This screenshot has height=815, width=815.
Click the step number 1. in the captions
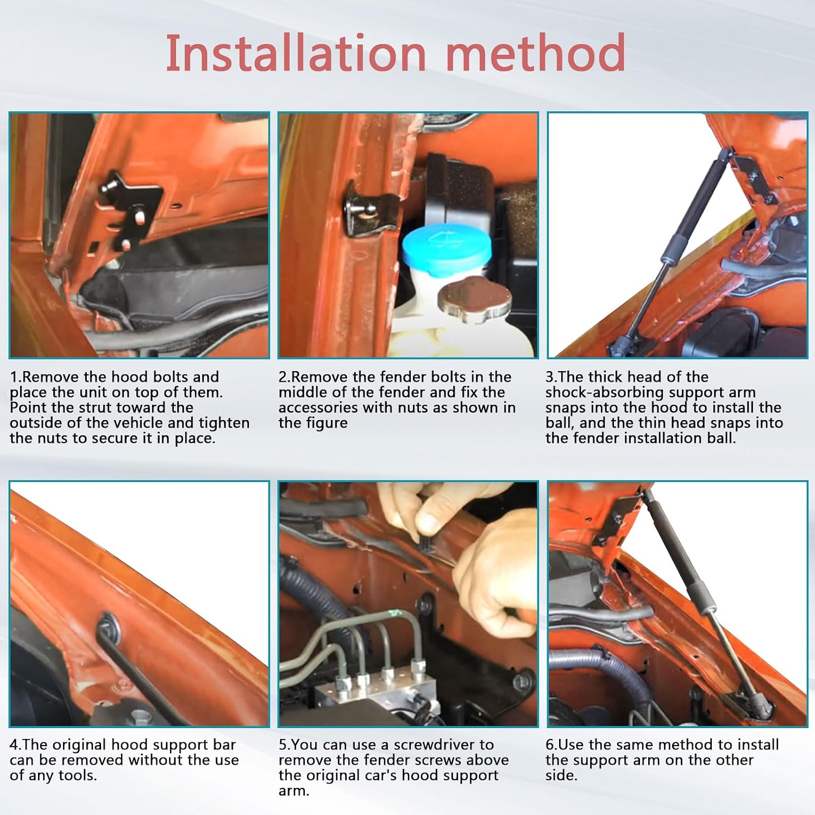(16, 377)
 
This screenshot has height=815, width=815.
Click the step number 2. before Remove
(285, 377)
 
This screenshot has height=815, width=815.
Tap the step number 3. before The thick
(552, 377)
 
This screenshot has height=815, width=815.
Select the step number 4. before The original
(16, 744)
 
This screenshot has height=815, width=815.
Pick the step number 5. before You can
(285, 744)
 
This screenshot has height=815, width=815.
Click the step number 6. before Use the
(552, 744)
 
